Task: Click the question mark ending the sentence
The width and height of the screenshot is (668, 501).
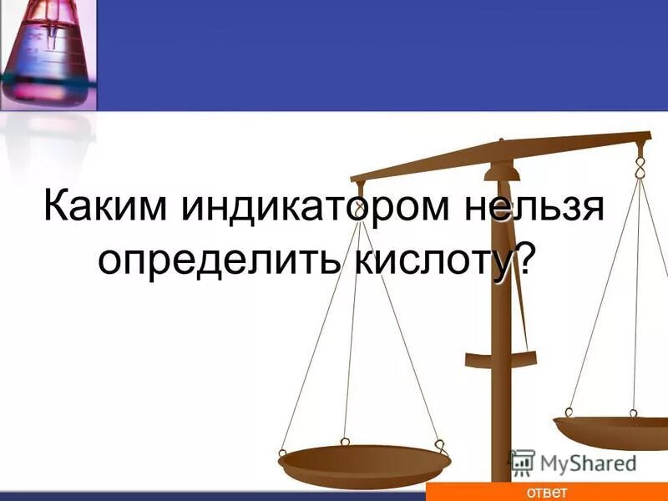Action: tap(524, 260)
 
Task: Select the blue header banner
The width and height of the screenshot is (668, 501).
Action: tap(376, 54)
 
